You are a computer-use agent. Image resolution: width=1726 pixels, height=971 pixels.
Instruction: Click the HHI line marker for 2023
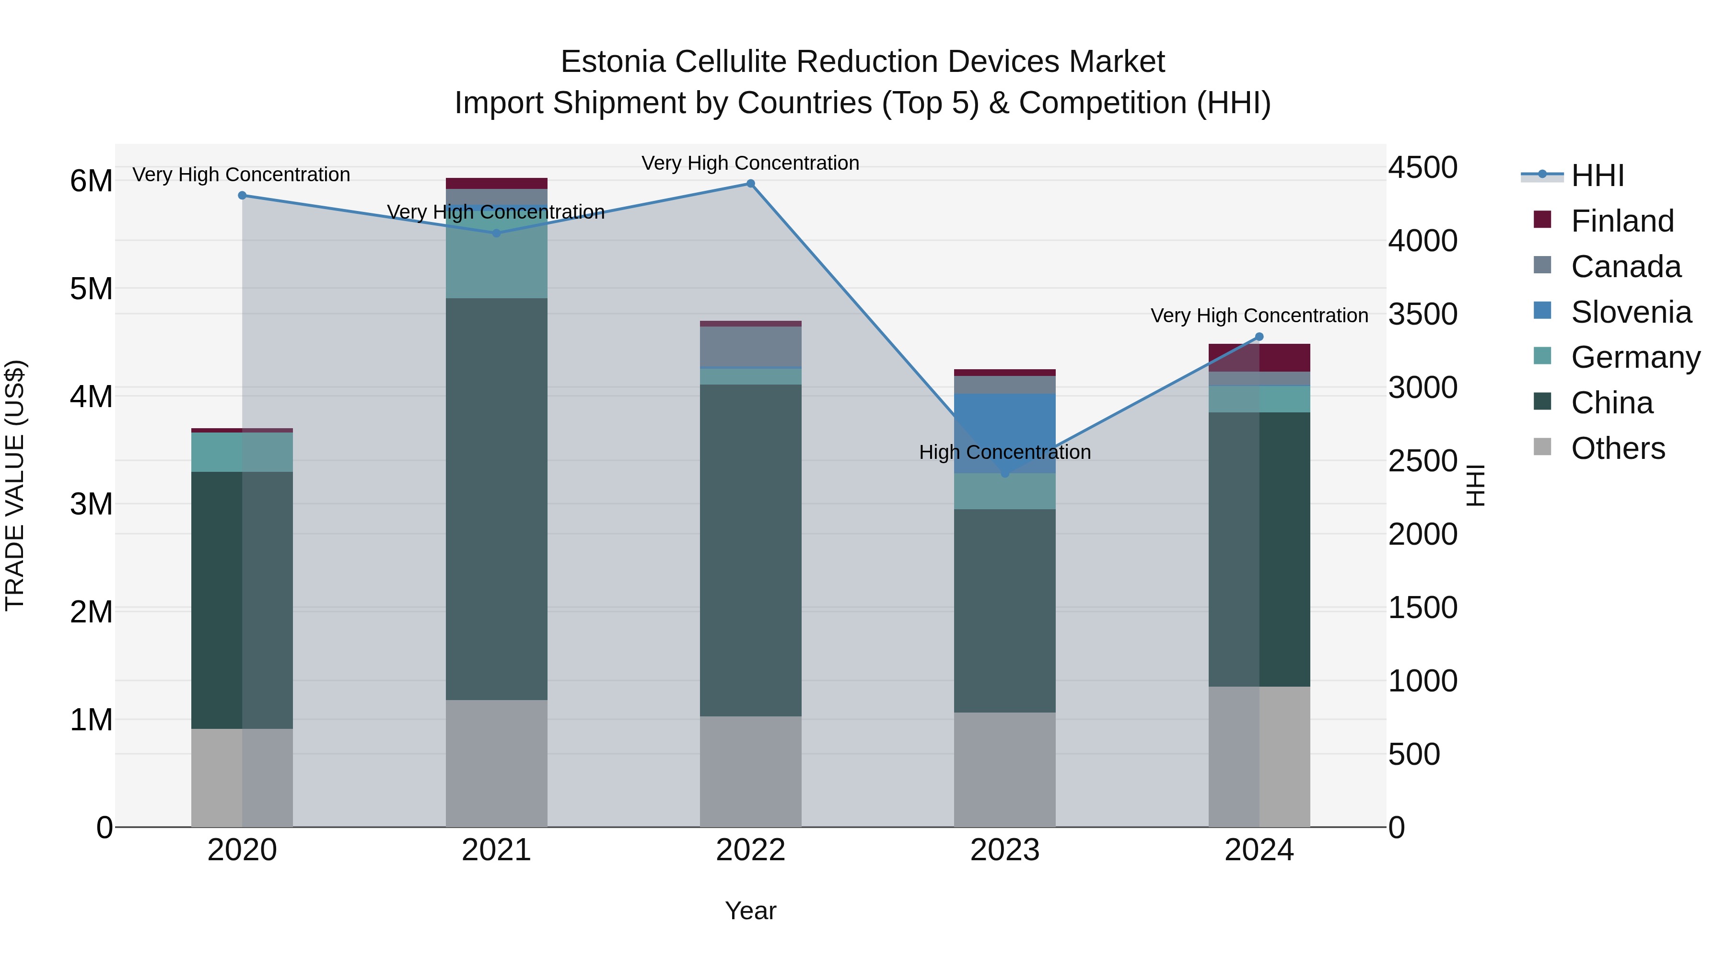[x=1004, y=474]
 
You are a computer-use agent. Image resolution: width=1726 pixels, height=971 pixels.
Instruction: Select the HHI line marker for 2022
[x=750, y=184]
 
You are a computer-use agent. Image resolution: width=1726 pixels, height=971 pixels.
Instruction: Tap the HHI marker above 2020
[x=243, y=196]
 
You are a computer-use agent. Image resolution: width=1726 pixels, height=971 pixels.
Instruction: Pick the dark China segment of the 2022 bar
[x=750, y=550]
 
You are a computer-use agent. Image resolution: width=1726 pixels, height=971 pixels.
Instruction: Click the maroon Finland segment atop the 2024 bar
[x=1259, y=358]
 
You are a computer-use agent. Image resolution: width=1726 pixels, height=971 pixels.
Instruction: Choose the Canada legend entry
[x=1625, y=267]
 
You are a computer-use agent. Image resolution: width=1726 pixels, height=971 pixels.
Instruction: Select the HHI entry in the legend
[x=1597, y=175]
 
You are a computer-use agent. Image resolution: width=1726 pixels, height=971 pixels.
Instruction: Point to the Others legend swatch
[x=1542, y=447]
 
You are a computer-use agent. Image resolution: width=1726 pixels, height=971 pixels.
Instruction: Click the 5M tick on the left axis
[x=92, y=289]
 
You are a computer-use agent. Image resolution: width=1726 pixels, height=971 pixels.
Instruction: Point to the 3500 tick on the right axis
[x=1422, y=314]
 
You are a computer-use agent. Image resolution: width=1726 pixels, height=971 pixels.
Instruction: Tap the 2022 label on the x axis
[x=750, y=850]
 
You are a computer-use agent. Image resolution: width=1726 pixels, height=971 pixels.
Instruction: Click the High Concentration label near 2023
[x=1004, y=452]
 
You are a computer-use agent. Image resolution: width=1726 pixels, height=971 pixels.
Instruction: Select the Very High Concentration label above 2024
[x=1259, y=316]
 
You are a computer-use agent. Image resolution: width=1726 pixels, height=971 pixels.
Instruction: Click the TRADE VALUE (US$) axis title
[x=15, y=485]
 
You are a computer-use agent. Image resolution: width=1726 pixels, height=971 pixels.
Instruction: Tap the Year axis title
[x=750, y=911]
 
